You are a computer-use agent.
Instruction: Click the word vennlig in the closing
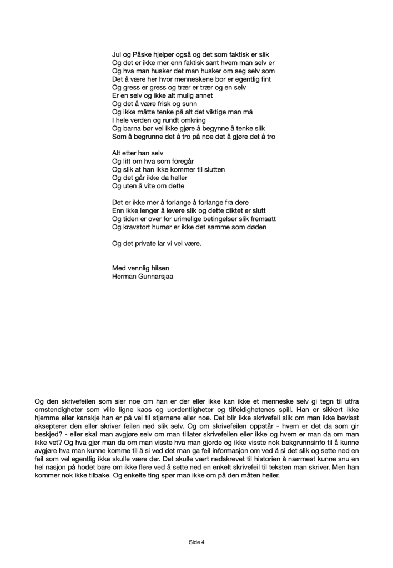pyautogui.click(x=141, y=268)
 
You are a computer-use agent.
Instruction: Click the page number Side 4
pyautogui.click(x=197, y=541)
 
